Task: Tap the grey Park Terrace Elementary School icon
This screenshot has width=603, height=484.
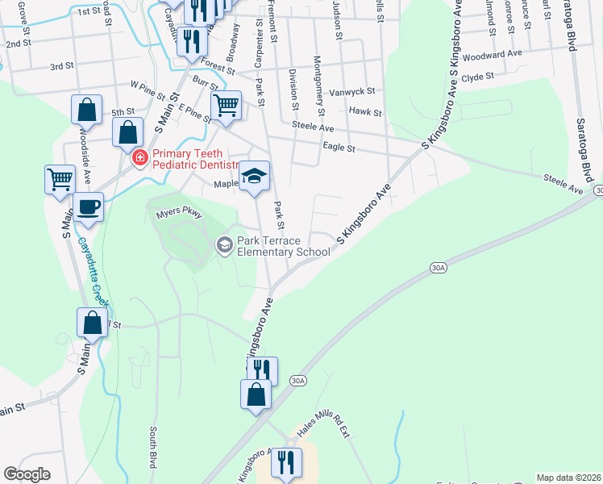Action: (224, 244)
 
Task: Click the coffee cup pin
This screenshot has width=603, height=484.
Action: (88, 207)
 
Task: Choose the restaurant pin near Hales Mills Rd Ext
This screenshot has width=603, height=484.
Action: (286, 462)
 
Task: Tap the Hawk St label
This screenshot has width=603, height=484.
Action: (364, 113)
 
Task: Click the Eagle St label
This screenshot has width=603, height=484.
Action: (339, 148)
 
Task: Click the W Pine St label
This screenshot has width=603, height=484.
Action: (152, 84)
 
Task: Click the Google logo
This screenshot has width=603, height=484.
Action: (27, 474)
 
